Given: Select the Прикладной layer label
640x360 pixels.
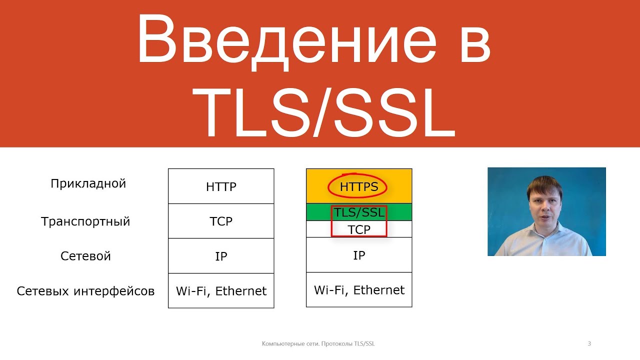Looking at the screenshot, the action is point(88,184).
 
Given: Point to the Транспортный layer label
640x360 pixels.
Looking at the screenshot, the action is point(85,221).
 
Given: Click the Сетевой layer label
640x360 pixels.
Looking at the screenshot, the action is point(85,256).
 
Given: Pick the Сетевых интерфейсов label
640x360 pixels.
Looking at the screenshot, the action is point(85,291).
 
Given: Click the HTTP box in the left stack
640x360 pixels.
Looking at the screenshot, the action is point(221,186).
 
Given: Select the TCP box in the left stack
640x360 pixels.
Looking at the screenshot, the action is point(221,221).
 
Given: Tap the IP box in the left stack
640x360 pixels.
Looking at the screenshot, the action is point(221,255).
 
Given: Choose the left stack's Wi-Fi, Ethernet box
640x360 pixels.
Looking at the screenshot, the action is point(221,290).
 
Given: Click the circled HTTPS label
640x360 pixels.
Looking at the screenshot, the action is point(359,187).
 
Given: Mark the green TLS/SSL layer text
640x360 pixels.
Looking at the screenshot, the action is point(359,212).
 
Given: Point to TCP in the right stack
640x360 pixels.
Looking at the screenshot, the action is point(359,229).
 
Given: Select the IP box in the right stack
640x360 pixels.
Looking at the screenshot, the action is point(359,254).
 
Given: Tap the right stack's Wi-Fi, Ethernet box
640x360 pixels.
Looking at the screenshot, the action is point(359,289).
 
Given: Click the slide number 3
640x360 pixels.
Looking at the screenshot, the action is point(589,343).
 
